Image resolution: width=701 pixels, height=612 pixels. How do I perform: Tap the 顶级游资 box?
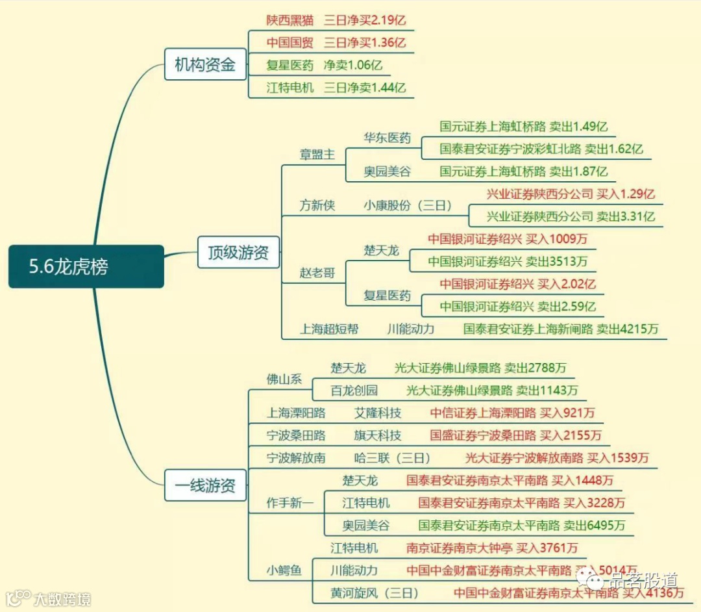coord(238,252)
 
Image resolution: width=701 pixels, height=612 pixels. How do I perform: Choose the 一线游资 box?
coord(205,485)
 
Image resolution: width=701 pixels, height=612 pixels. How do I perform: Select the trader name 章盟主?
coord(317,154)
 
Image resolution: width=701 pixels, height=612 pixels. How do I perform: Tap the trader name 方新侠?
coord(317,205)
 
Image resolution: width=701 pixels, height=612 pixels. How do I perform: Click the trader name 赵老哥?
coord(317,273)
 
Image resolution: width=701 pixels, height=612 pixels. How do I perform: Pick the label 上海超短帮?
coord(329,329)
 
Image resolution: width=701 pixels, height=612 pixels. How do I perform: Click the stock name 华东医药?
coord(387,138)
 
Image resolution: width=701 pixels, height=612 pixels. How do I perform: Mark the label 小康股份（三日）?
coord(408,205)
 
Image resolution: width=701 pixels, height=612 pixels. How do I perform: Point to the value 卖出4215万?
coord(628,329)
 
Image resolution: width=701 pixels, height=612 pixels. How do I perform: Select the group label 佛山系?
coord(284,379)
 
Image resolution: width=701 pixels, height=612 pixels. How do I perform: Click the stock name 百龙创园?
coord(354,390)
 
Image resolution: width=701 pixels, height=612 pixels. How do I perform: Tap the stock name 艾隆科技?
coord(378,413)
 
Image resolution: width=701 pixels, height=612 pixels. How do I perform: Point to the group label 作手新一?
coord(290,503)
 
